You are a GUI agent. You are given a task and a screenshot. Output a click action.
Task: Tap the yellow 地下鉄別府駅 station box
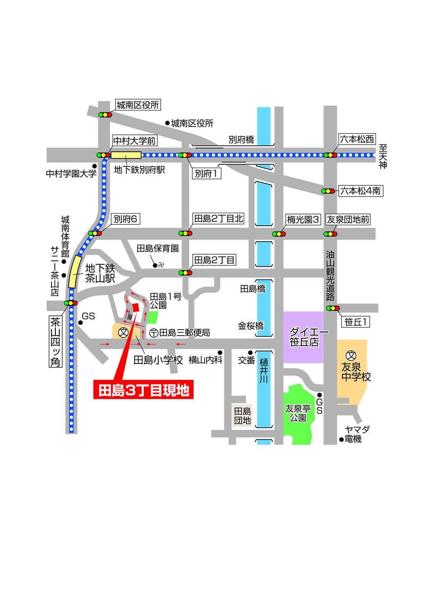[126, 155]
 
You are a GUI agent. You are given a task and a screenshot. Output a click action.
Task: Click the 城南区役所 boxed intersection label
[138, 105]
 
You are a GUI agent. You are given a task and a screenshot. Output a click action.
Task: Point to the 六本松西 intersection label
[356, 139]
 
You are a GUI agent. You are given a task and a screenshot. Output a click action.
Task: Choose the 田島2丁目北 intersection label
[218, 219]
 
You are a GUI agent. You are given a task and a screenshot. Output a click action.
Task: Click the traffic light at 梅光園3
[279, 234]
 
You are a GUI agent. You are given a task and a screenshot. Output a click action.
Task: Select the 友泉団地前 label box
[348, 220]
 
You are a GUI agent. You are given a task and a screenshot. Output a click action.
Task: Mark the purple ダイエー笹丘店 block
[304, 337]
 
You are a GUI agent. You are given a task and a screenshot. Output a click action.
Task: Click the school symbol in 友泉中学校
[352, 356]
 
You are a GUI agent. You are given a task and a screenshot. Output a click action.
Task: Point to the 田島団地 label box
[242, 416]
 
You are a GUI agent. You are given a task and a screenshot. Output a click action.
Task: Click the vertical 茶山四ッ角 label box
[55, 342]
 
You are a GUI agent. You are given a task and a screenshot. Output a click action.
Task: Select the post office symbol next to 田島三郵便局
[154, 333]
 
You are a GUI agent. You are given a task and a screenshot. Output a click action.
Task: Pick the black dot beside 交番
[250, 353]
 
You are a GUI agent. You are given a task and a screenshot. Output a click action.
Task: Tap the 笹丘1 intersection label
[355, 322]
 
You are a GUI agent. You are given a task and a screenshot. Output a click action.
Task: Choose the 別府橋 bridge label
[241, 140]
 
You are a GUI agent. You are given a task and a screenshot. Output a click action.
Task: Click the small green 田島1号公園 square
[152, 317]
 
